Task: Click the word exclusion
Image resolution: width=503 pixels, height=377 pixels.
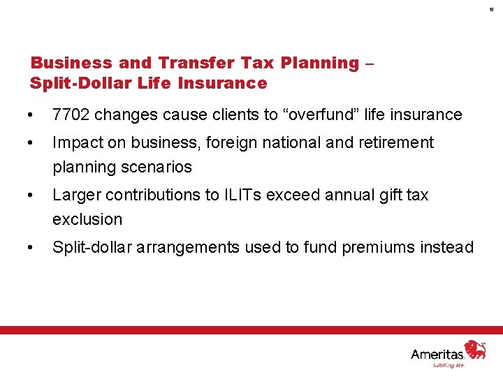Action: click(87, 219)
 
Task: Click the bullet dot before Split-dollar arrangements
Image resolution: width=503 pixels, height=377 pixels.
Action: click(27, 248)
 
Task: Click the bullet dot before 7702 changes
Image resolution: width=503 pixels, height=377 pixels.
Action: click(27, 115)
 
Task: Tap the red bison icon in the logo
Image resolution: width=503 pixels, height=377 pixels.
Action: click(476, 349)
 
